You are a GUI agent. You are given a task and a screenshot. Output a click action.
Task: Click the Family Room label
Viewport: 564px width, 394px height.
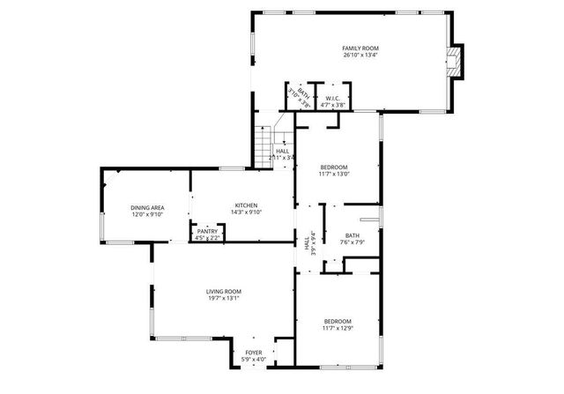[361, 48]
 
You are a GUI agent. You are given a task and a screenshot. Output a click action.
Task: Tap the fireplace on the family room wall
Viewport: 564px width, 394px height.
[456, 63]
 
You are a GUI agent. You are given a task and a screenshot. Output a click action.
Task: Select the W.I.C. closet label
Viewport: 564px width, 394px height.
[332, 98]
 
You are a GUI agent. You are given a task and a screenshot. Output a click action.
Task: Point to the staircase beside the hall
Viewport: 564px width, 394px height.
[263, 145]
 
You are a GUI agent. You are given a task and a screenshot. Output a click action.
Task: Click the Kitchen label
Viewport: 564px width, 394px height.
[247, 205]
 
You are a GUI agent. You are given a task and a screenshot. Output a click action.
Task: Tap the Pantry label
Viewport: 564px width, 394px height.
[207, 231]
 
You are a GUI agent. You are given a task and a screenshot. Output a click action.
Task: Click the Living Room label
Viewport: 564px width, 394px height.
[224, 291]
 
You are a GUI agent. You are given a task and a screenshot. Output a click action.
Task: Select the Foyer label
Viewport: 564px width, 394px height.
[253, 353]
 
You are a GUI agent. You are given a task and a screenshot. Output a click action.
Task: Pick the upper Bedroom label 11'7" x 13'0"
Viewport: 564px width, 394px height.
[334, 167]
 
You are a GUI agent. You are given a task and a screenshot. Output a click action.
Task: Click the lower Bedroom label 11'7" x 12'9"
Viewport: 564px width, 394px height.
[338, 321]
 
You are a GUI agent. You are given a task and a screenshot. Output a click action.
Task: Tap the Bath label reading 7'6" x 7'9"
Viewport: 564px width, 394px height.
[352, 235]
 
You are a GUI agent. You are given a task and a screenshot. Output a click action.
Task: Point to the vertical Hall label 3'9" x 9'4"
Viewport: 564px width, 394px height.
[308, 242]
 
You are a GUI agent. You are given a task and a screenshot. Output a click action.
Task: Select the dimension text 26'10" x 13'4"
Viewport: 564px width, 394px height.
[361, 55]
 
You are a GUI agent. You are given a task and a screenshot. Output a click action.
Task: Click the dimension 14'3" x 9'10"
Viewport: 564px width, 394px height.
[247, 212]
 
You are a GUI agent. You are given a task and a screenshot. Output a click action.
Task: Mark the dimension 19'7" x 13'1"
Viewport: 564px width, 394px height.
[224, 298]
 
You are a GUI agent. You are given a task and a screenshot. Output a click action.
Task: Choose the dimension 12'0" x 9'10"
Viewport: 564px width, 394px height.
[147, 213]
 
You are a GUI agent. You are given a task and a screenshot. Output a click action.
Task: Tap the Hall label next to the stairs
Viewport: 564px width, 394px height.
[282, 151]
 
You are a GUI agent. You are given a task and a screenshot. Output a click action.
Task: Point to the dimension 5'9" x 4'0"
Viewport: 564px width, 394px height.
[253, 360]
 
